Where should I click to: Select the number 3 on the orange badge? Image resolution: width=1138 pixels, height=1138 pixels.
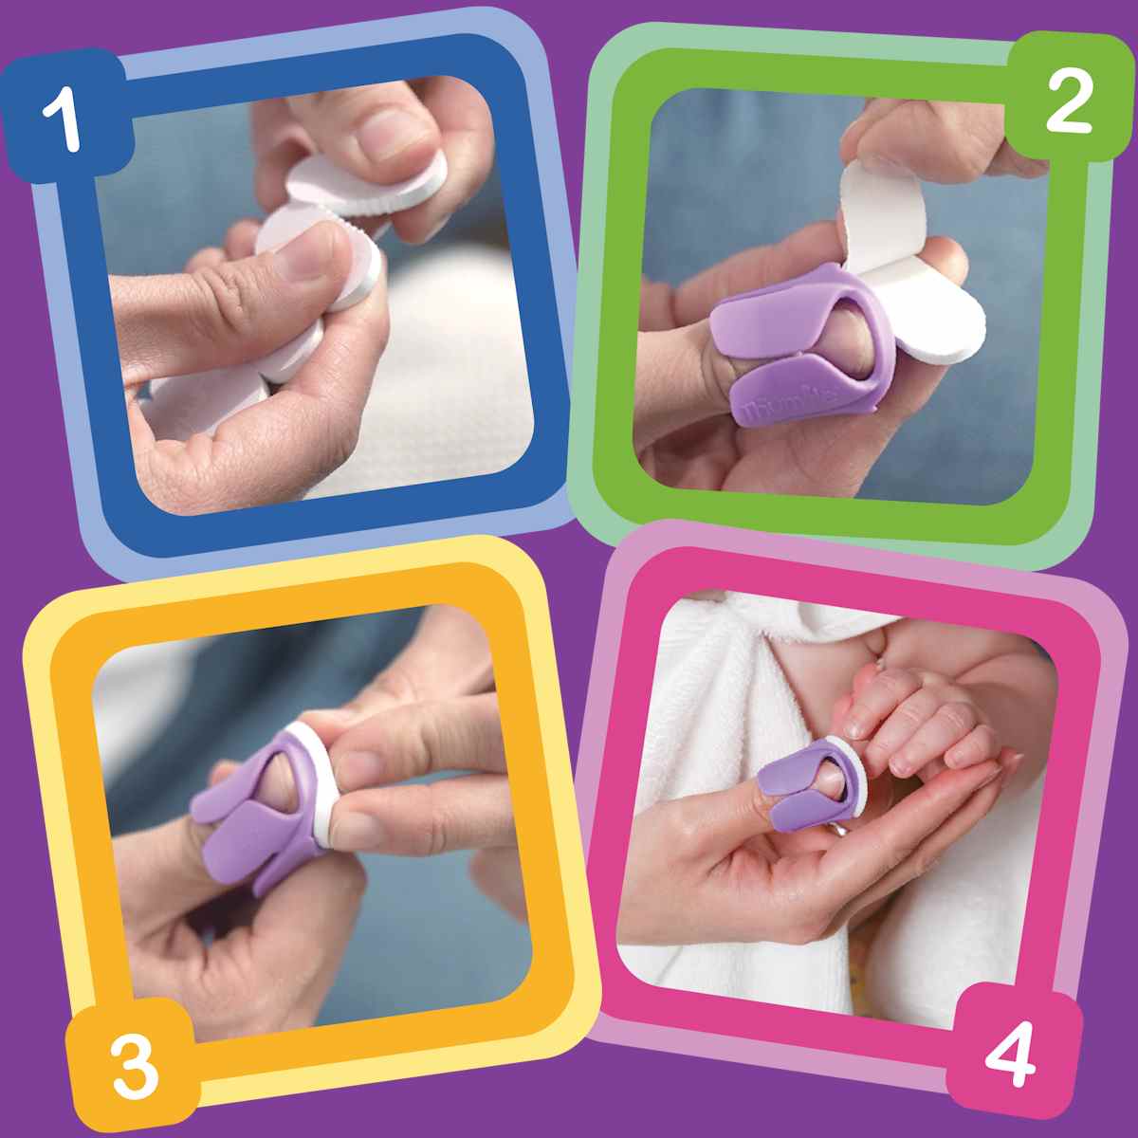coord(133,1064)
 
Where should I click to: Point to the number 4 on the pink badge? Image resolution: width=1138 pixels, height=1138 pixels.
coord(1009,1053)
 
